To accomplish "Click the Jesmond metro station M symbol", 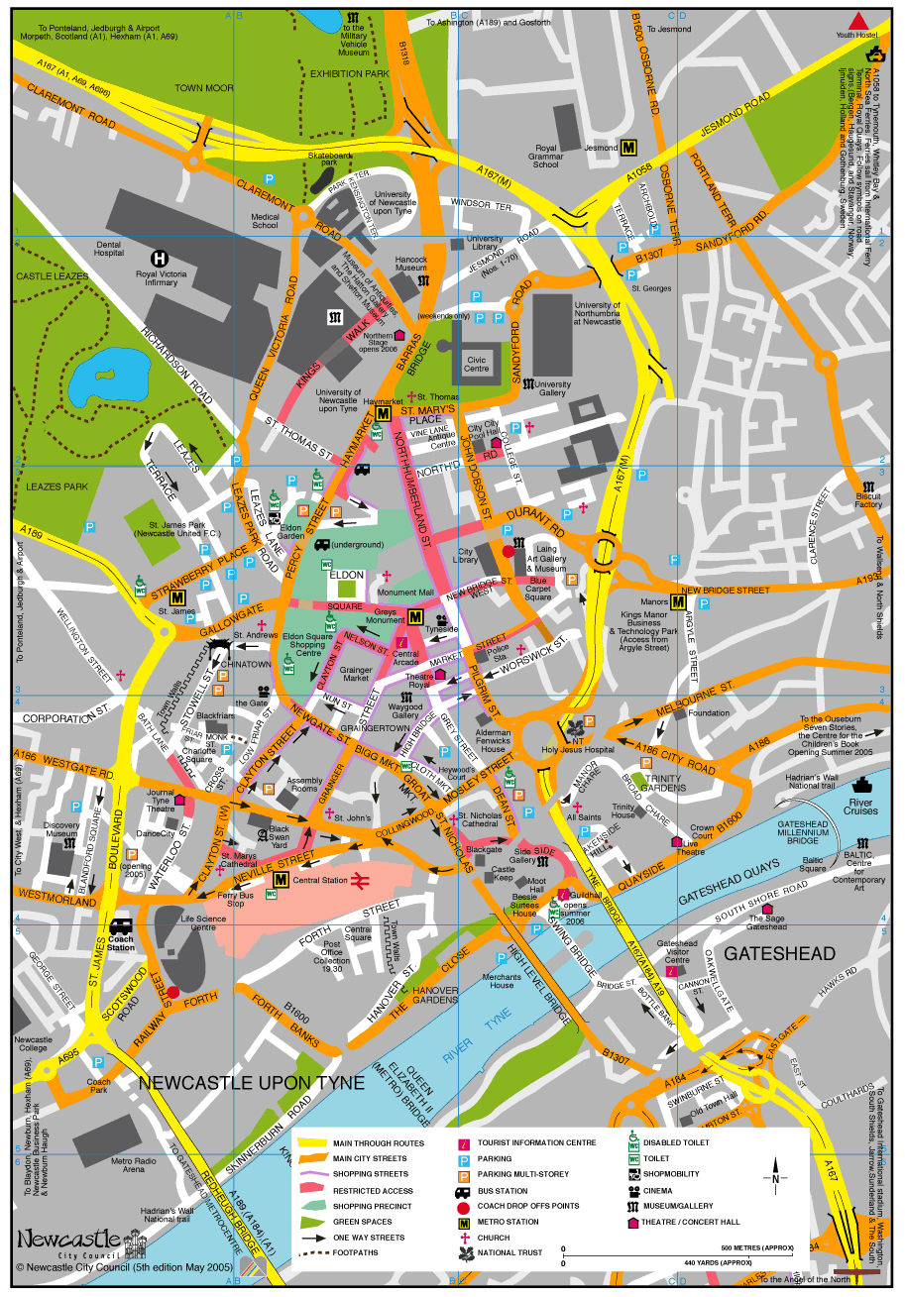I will (628, 148).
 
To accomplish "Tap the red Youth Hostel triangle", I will (858, 21).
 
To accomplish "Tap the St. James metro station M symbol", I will (177, 598).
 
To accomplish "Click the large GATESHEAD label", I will (780, 953).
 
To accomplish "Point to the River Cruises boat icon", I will (860, 787).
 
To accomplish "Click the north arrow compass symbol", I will (775, 1178).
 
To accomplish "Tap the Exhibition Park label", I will (349, 73).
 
